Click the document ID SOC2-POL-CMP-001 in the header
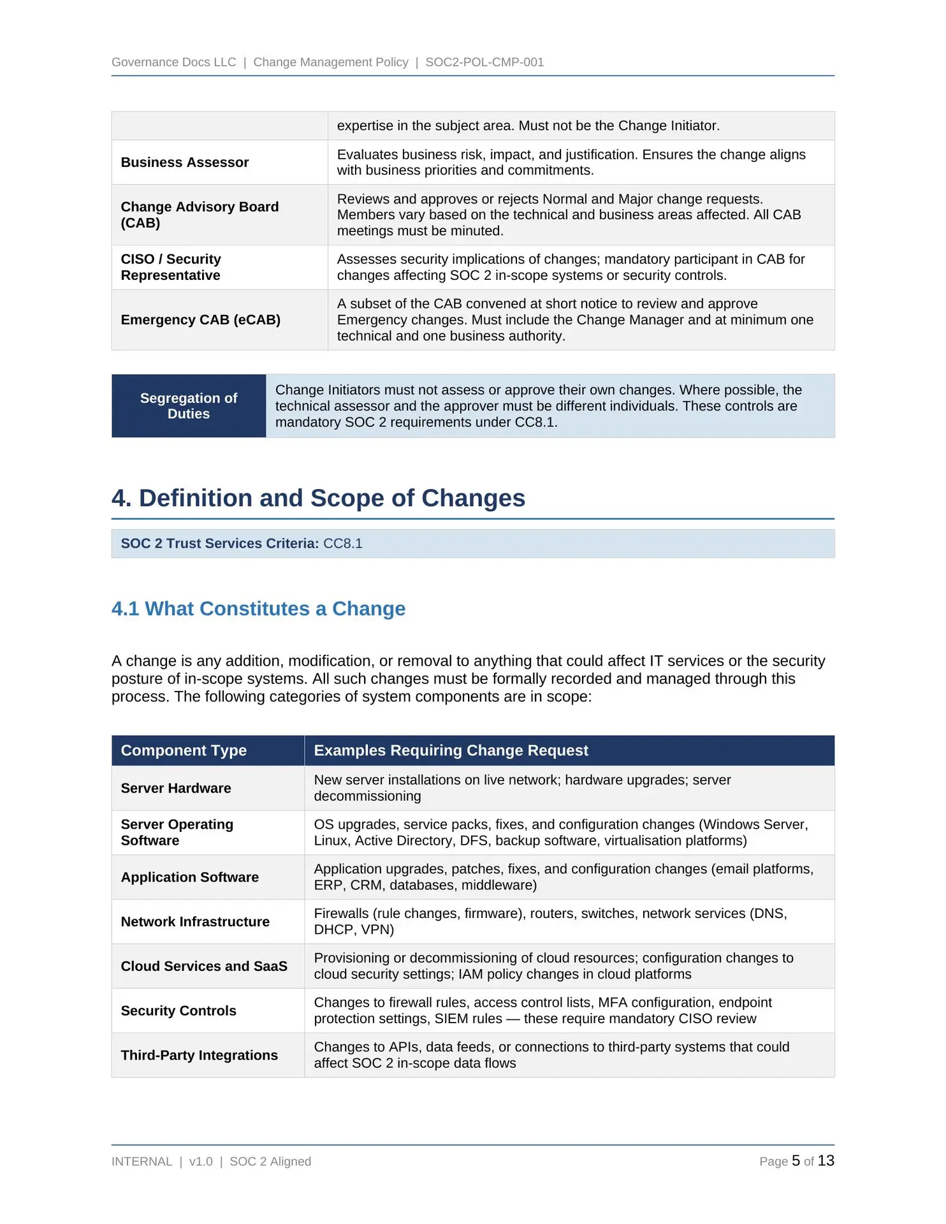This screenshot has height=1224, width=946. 484,62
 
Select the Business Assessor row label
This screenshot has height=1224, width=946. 185,163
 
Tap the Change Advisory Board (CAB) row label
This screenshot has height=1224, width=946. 200,215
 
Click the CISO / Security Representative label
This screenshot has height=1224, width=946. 171,267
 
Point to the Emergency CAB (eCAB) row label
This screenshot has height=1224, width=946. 201,319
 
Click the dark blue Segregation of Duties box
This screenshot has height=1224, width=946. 189,405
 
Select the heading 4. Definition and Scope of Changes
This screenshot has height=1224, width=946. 318,498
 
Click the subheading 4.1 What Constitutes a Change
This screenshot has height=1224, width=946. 258,608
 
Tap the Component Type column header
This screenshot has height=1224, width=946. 184,750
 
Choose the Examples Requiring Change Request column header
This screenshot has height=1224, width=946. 451,750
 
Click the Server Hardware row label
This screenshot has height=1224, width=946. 176,788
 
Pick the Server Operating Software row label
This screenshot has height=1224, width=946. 177,832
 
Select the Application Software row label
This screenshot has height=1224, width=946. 190,877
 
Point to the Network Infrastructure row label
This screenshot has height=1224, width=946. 195,922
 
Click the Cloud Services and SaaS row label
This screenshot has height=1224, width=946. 204,966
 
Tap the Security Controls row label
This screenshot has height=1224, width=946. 178,1010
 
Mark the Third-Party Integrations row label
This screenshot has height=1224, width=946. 200,1055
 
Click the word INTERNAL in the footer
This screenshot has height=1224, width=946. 142,1162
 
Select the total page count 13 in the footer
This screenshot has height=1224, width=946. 826,1161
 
